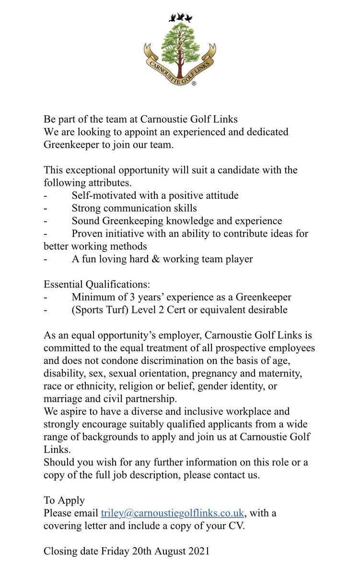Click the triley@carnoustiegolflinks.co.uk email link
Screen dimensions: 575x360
pos(173,513)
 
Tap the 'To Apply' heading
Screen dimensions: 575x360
pos(64,501)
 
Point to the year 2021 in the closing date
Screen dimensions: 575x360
pos(197,552)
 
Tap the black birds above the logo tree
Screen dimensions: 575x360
pos(180,18)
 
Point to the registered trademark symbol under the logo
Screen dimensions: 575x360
pos(194,83)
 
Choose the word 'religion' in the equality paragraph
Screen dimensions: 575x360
pos(150,386)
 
